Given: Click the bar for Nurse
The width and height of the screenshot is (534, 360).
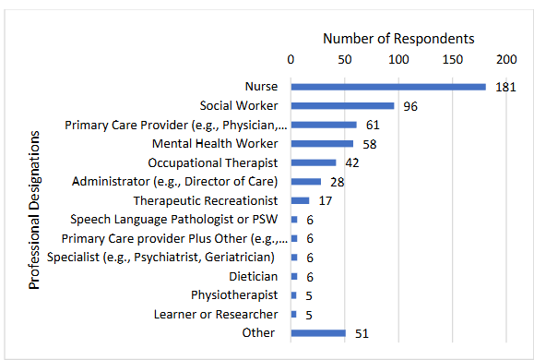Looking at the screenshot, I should point(387,87).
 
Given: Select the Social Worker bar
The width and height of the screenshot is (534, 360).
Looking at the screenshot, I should point(342,105).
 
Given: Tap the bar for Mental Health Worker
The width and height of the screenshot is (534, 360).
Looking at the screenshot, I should point(322,143).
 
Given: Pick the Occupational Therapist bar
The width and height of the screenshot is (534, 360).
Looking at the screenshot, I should point(314,162).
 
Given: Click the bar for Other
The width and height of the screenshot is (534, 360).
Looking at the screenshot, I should point(318,333).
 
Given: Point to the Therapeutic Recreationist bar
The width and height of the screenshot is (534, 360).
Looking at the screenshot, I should point(300,200).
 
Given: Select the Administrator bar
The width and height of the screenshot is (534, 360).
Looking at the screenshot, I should point(306,181).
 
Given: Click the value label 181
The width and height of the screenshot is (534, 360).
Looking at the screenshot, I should point(504,88).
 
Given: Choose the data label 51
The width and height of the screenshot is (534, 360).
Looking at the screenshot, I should point(362,334).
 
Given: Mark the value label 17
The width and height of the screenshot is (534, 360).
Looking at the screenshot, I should point(326,201).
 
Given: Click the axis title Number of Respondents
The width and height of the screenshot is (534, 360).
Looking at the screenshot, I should point(398,39).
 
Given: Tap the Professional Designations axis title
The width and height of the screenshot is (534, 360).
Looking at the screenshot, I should point(35,210).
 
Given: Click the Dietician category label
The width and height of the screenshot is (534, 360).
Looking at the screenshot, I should point(253,276).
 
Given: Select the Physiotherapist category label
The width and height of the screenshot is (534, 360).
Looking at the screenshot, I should point(234,295).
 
